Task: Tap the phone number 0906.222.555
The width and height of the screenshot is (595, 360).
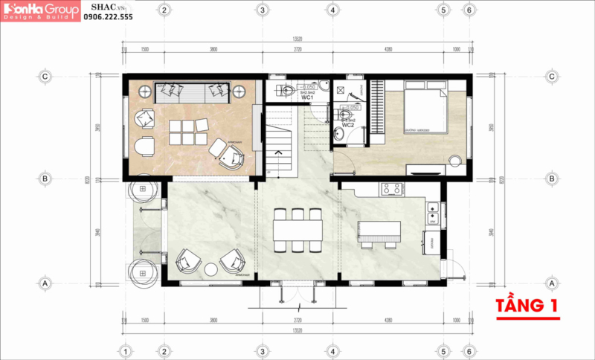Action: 108,16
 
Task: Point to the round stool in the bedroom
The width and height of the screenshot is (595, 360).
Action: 455,158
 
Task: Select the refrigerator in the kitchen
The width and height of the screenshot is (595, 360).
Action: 431,242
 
